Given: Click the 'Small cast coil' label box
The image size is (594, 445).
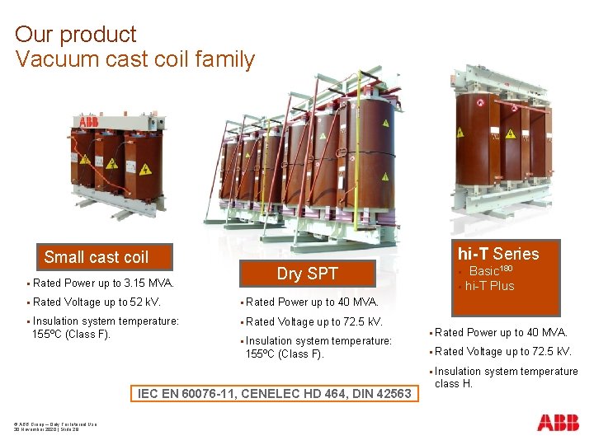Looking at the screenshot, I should pyautogui.click(x=97, y=257).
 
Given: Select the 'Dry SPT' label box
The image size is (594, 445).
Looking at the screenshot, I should pyautogui.click(x=307, y=274).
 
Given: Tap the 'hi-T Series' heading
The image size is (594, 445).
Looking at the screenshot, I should pyautogui.click(x=498, y=254).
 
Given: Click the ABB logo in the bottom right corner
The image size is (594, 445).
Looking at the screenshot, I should pyautogui.click(x=558, y=423).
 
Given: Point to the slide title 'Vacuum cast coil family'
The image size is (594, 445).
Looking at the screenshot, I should pyautogui.click(x=134, y=59).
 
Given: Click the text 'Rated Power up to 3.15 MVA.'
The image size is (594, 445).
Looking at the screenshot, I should pyautogui.click(x=103, y=283).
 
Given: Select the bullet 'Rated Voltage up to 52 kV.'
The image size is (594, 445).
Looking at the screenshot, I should pyautogui.click(x=97, y=302).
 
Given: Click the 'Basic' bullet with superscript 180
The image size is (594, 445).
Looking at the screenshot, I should pyautogui.click(x=491, y=271).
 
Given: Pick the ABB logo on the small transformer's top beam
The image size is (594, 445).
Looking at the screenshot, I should pyautogui.click(x=87, y=123).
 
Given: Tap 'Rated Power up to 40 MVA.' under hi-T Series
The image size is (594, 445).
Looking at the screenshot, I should pyautogui.click(x=500, y=333).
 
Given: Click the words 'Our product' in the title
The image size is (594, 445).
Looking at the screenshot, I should pyautogui.click(x=75, y=35).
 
